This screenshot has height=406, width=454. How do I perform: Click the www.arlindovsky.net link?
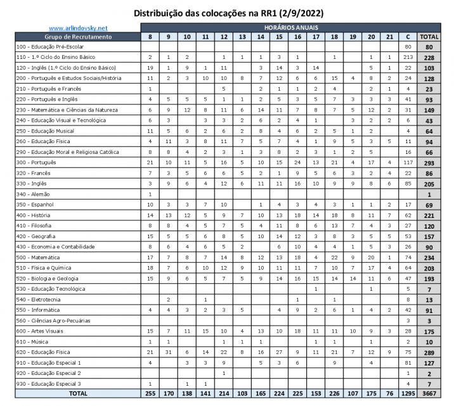pos(78,28)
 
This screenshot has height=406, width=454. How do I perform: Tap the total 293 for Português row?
pos(429,163)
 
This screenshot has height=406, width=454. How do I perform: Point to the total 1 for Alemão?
pos(429,194)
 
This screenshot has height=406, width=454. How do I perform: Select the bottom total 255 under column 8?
pos(150,393)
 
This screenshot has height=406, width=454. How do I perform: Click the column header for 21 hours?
pos(389,37)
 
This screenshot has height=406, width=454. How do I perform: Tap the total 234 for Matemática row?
pos(429,257)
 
